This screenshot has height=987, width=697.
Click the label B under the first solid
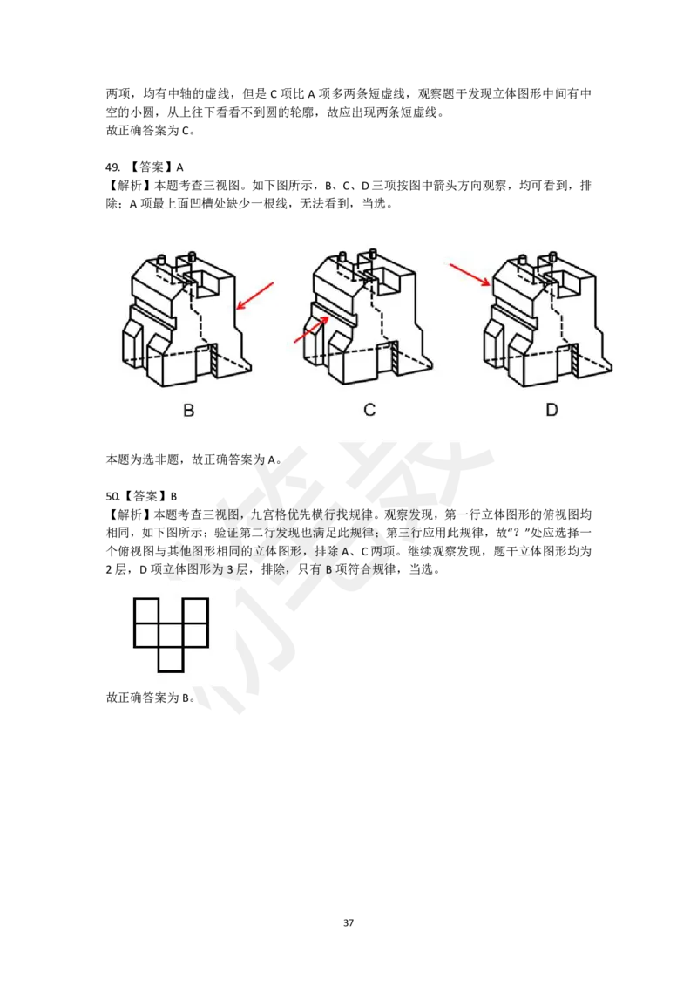(x=189, y=411)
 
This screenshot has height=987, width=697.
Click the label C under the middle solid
(x=370, y=410)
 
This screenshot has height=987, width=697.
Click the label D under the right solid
(x=552, y=410)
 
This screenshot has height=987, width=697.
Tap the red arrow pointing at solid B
(x=254, y=296)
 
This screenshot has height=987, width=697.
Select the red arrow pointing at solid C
(x=312, y=330)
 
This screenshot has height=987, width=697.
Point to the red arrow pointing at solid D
(x=470, y=275)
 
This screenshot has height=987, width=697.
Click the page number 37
(x=348, y=922)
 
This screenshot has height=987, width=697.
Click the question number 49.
(x=112, y=167)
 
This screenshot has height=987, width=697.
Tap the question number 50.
(x=112, y=497)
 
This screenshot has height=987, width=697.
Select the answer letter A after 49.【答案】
(x=179, y=167)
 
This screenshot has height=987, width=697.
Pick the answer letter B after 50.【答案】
(x=174, y=497)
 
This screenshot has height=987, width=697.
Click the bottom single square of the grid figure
(x=171, y=659)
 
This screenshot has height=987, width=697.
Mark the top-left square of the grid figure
(x=146, y=610)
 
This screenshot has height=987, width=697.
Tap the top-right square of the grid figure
(x=196, y=610)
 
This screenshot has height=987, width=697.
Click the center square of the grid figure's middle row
(x=171, y=635)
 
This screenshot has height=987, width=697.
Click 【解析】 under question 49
(x=130, y=186)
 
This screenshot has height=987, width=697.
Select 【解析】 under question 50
(x=130, y=515)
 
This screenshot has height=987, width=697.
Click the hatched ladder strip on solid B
(x=213, y=361)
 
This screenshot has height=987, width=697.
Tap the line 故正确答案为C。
(x=151, y=131)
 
